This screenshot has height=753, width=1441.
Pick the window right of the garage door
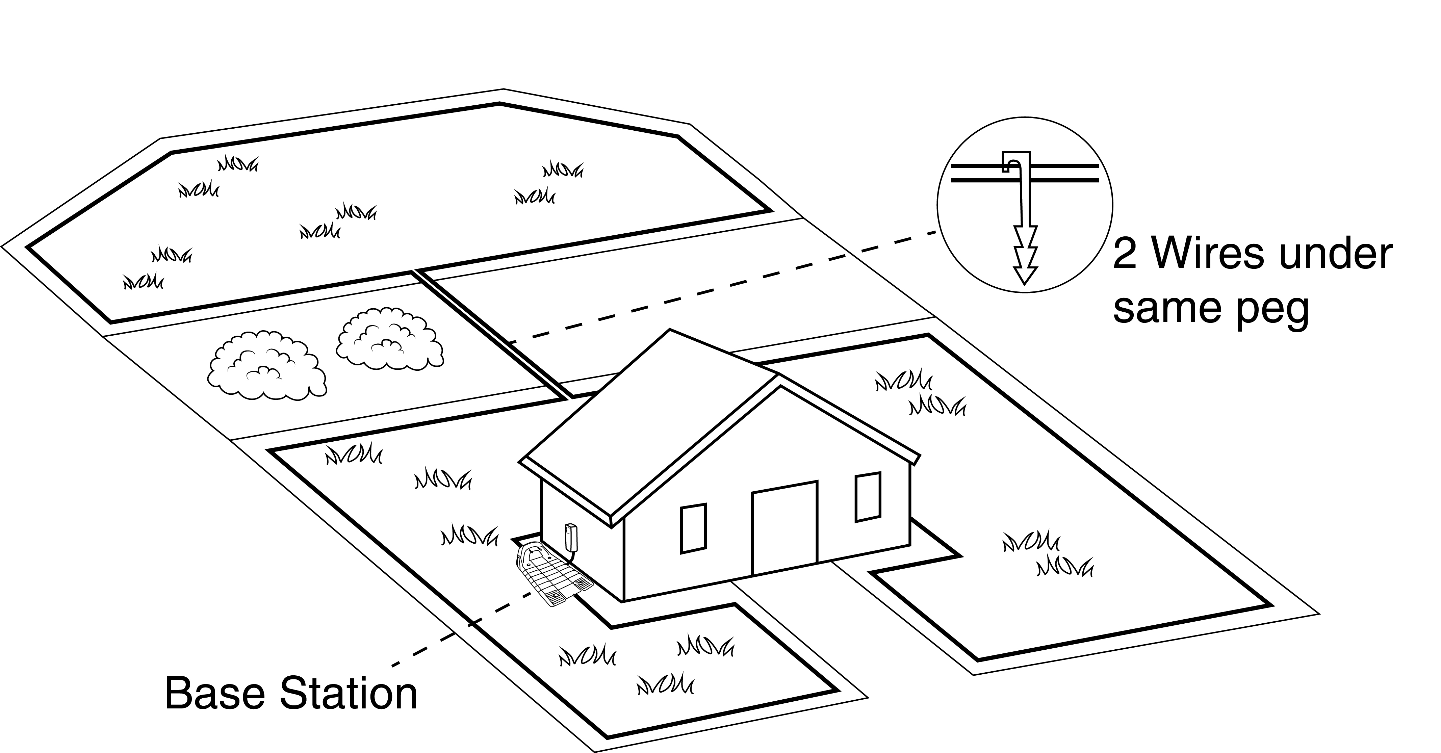(x=868, y=497)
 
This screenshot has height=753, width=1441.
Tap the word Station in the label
(x=348, y=694)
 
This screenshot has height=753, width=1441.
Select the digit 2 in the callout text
(x=1124, y=255)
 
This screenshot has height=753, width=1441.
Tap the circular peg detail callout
(x=1025, y=204)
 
